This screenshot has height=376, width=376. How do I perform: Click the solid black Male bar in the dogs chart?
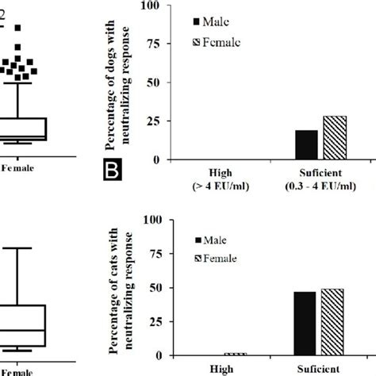pos(306,144)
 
